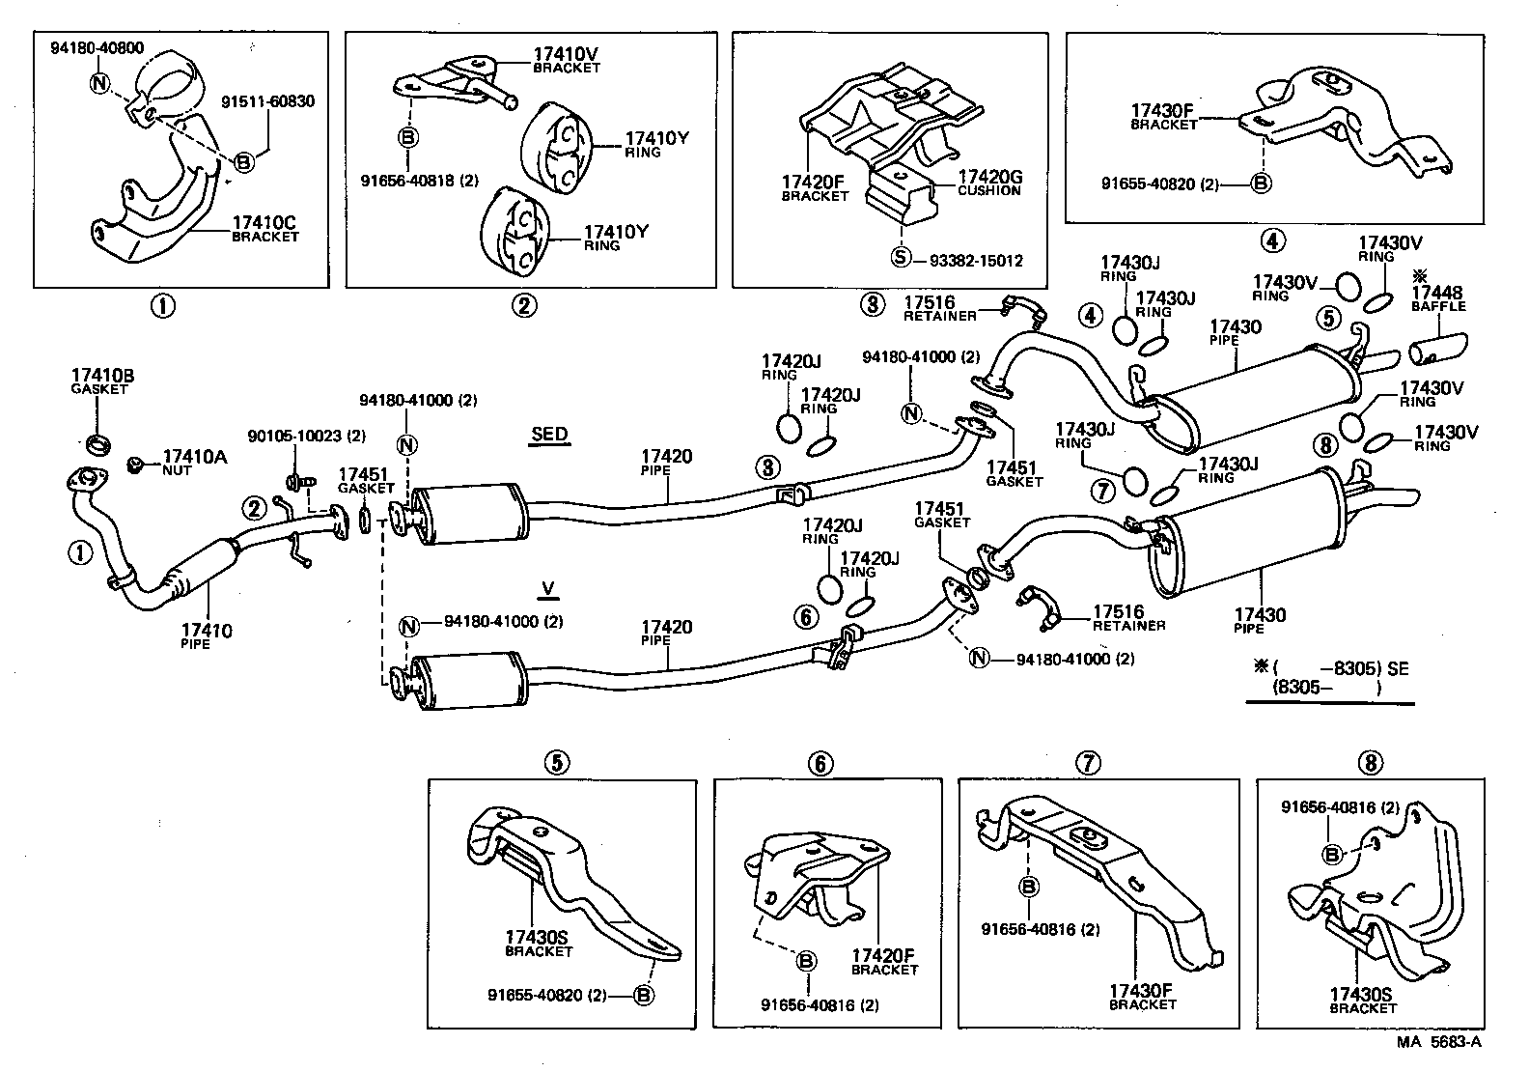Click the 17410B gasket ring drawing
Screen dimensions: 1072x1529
click(97, 443)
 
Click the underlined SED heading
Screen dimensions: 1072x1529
click(549, 435)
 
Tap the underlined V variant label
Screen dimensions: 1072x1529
click(548, 588)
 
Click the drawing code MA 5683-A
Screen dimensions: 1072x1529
click(1438, 1042)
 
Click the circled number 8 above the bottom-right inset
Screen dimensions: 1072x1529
click(1369, 764)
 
